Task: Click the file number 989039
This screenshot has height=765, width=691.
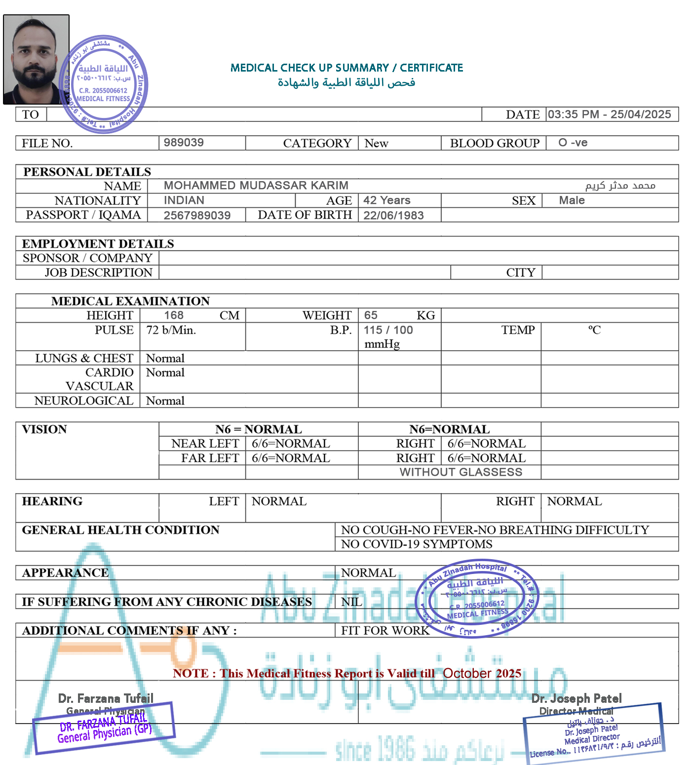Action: click(x=184, y=143)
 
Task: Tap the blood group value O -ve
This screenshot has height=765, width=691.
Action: click(x=573, y=143)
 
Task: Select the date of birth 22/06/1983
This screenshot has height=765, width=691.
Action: click(x=393, y=215)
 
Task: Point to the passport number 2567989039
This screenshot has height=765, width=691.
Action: click(x=197, y=215)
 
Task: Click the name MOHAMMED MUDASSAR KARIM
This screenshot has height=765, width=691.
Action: click(x=256, y=186)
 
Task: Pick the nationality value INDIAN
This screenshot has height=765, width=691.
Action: click(x=184, y=200)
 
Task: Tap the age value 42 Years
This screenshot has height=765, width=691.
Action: click(x=387, y=200)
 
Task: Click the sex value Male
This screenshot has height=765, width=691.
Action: click(x=572, y=200)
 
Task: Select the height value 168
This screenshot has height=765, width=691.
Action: click(x=174, y=315)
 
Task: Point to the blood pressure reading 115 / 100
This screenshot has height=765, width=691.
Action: click(x=388, y=330)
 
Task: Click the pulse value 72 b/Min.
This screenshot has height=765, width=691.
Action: click(x=171, y=330)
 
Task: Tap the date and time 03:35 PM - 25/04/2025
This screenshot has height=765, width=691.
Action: click(x=609, y=115)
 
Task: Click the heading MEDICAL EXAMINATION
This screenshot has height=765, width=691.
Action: click(x=130, y=301)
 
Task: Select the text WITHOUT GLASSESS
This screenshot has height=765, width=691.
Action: click(x=461, y=472)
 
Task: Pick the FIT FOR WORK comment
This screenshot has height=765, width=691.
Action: click(x=385, y=631)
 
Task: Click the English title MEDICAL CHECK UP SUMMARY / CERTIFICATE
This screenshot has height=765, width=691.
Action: click(x=346, y=68)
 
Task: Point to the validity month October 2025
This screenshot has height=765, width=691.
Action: click(x=482, y=674)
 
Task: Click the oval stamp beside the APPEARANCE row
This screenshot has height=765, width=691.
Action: click(x=476, y=599)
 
